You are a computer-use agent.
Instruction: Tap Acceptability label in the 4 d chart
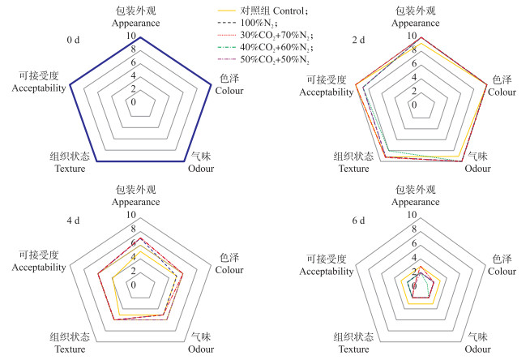pos(38,266)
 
